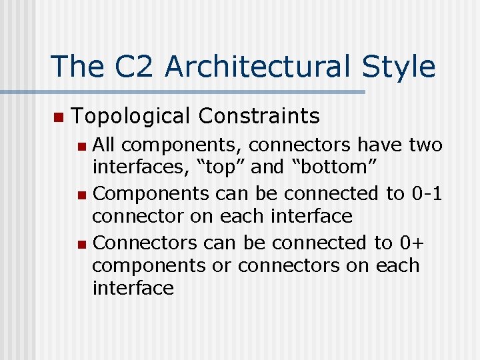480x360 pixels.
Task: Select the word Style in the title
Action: coord(398,67)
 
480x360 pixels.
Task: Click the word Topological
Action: coord(130,117)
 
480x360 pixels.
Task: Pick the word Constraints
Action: coord(259,116)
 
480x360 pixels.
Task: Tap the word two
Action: coord(425,145)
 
